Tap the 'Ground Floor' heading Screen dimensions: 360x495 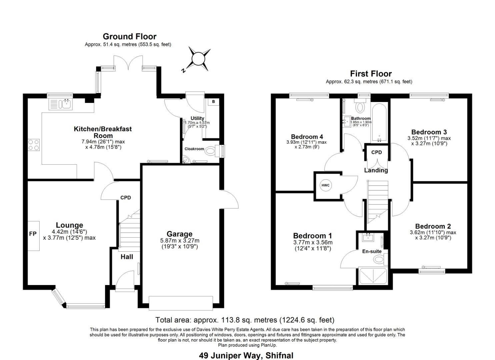tap(129, 36)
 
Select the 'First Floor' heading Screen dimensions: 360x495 tap(371, 74)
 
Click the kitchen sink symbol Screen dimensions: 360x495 tap(66, 104)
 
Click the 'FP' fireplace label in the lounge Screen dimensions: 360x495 tap(33, 234)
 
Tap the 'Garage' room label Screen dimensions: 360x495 tap(179, 234)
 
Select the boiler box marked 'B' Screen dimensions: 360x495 tap(213, 102)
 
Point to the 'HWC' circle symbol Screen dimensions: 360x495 tap(325, 185)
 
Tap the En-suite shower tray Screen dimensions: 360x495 tap(373, 276)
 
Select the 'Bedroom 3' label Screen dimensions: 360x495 tap(429, 132)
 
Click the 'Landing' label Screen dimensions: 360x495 tap(376, 170)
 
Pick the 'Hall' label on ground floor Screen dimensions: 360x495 tap(127, 257)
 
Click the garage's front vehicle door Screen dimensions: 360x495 tap(181, 303)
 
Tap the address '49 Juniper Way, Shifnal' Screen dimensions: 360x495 tap(246, 355)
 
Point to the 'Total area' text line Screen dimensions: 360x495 tap(245, 320)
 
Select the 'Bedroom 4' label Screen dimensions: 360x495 tap(307, 137)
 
